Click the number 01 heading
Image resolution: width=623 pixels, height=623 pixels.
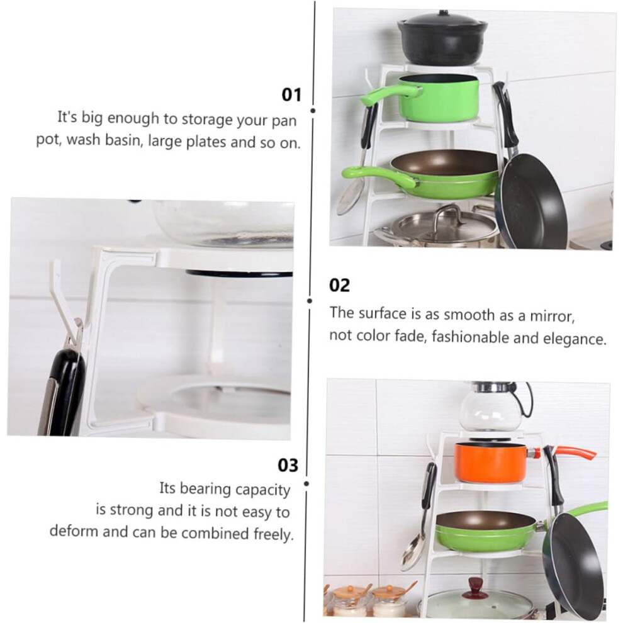click(291, 94)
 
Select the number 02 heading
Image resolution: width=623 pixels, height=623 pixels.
click(339, 285)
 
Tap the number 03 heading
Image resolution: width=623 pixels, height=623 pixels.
click(288, 465)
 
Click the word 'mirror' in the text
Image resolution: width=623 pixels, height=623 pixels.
click(553, 316)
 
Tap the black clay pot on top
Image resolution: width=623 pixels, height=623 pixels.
click(442, 38)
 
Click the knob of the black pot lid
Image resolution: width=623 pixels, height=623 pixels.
click(442, 13)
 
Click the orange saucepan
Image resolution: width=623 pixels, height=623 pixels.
click(491, 462)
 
